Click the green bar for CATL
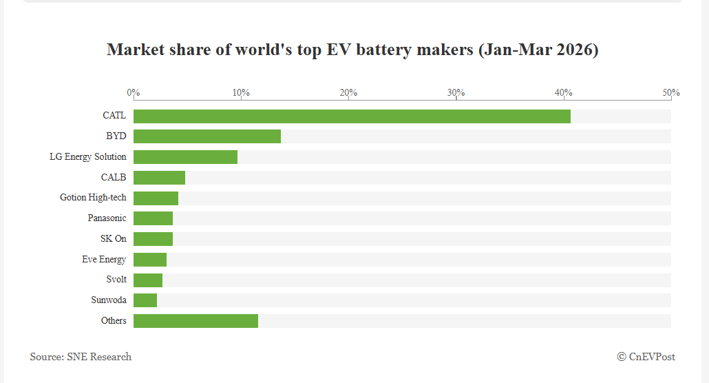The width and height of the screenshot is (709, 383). pos(352,116)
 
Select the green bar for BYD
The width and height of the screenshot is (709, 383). pos(207,136)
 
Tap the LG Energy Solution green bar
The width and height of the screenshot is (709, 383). pos(185,157)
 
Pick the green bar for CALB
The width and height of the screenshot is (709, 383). pos(159,178)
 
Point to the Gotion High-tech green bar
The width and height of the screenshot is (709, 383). pos(156,198)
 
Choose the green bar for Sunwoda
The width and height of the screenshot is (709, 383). pos(145,300)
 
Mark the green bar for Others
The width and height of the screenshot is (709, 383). pos(195,321)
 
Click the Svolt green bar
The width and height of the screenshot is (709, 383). pos(148,280)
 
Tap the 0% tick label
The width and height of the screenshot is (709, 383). pos(134,93)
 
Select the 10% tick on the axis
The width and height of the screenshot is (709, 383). pos(241,93)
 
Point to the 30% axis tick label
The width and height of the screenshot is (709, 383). pos(456,93)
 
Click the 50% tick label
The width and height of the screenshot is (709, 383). pos(671,93)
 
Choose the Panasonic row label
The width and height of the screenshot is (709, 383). pos(107,218)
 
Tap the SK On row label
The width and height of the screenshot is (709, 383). pos(114,238)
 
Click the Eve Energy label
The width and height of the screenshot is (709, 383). pos(104,260)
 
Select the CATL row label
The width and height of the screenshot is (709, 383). pos(114,116)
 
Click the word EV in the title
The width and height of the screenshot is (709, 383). pos(339,50)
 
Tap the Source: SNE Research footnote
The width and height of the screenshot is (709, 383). pos(81,357)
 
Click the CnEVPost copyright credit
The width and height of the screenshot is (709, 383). pos(646,357)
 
